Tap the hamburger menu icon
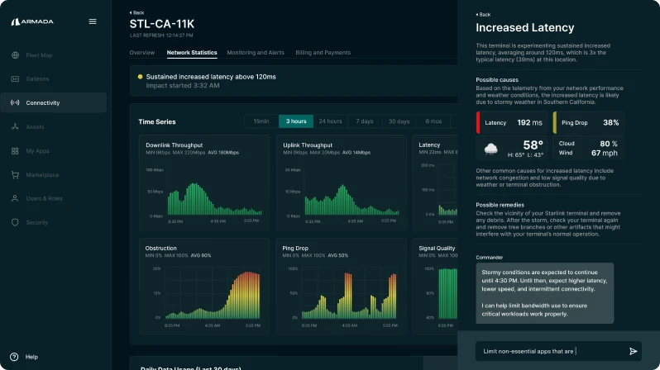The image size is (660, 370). [x=93, y=21]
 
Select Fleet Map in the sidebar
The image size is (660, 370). [x=38, y=55]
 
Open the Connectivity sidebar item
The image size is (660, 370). [x=42, y=103]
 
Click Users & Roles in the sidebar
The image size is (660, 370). [x=44, y=199]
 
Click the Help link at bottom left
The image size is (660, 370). [x=31, y=357]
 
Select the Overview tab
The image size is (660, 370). [x=141, y=53]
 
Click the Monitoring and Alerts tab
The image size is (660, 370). [x=256, y=53]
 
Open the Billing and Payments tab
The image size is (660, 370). [x=323, y=53]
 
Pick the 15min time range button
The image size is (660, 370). [x=261, y=121]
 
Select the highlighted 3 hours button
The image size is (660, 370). [x=296, y=121]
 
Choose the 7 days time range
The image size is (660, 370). [x=365, y=121]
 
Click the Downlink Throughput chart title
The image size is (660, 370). [x=174, y=145]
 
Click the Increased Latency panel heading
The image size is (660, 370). [x=514, y=28]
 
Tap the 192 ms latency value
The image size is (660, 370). [x=529, y=123]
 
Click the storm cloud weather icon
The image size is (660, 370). [x=491, y=149]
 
